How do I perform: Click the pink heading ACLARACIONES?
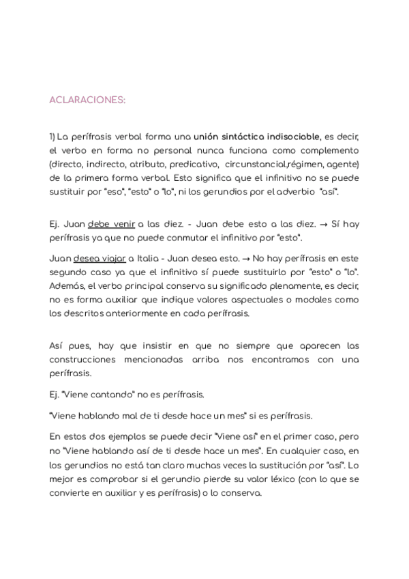(87, 100)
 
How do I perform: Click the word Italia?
(154, 259)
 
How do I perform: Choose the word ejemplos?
(130, 436)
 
